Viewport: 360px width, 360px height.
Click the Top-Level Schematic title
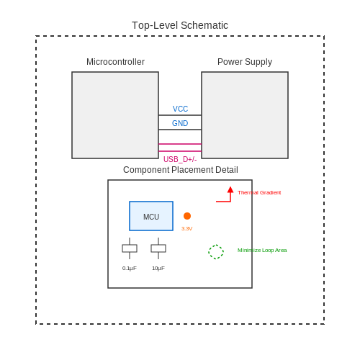tap(180, 25)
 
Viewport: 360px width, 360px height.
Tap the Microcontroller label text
tap(115, 62)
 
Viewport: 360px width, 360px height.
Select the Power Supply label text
tap(245, 62)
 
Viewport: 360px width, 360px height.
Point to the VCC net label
tap(180, 109)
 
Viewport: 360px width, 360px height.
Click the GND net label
tap(180, 123)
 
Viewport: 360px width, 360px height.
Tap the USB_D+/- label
tap(180, 159)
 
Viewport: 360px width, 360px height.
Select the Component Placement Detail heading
tap(181, 170)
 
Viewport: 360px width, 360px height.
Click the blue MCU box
tap(151, 216)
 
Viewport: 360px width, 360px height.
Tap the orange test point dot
tap(187, 216)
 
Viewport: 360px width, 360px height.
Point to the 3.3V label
tap(187, 229)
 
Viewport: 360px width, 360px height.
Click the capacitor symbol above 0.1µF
tap(130, 248)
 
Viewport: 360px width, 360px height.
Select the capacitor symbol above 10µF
tap(158, 248)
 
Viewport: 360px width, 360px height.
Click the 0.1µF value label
tap(130, 269)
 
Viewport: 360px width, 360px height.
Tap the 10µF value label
tap(158, 269)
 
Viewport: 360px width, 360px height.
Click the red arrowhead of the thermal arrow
tap(230, 189)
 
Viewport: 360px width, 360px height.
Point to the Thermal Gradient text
tap(259, 193)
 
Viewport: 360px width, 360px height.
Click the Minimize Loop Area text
tap(262, 251)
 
